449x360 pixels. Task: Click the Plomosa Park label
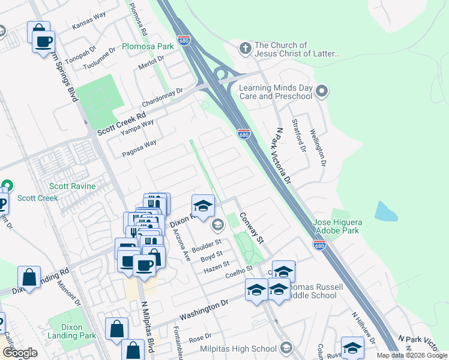pos(148,46)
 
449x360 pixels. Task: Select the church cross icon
pos(244,47)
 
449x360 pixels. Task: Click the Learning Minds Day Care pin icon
pos(322,92)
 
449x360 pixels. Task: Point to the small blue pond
pos(386,212)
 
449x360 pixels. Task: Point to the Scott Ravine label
pos(72,186)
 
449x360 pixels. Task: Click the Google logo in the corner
pos(20,353)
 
